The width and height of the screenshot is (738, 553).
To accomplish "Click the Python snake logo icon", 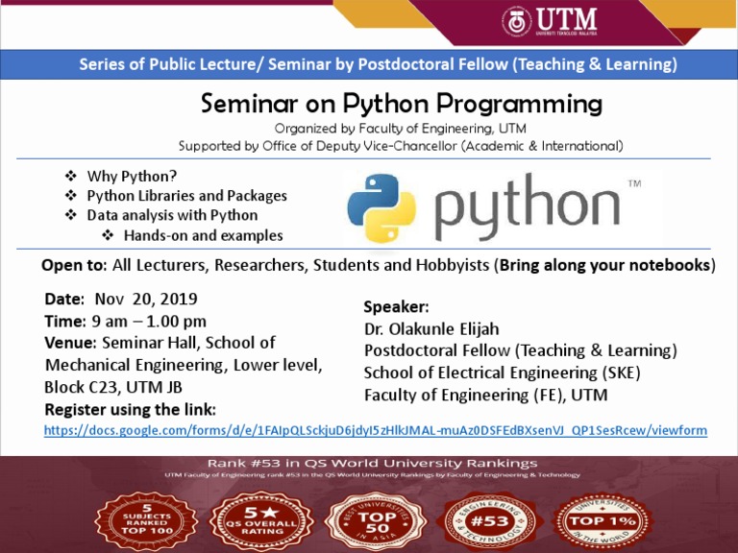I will pos(381,207).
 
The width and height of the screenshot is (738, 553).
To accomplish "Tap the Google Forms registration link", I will pos(376,431).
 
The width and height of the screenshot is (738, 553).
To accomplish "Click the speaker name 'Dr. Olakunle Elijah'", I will pos(431,329).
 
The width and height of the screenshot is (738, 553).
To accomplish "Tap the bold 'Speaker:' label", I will pos(396,307).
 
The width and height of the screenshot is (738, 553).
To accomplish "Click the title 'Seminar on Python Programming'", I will pos(401,104).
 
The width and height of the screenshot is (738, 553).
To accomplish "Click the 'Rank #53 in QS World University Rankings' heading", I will pos(369,460).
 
